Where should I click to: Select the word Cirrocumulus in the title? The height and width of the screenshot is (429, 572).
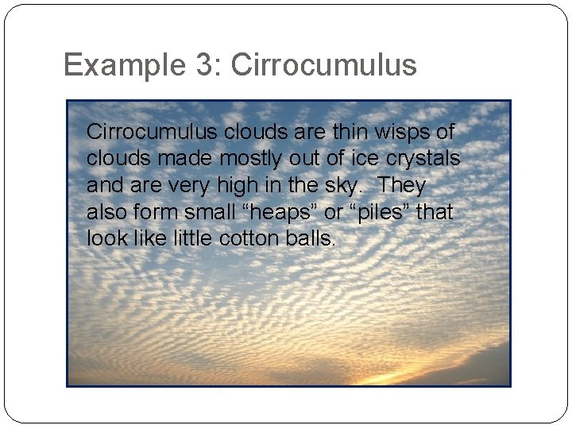tap(323, 65)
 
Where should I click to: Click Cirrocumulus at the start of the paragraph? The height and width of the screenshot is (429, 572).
tap(153, 131)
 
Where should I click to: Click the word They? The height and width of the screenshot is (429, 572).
tap(402, 185)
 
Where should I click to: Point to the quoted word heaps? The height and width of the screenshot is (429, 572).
tap(280, 212)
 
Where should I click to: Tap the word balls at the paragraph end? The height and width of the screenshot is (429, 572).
tap(310, 238)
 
